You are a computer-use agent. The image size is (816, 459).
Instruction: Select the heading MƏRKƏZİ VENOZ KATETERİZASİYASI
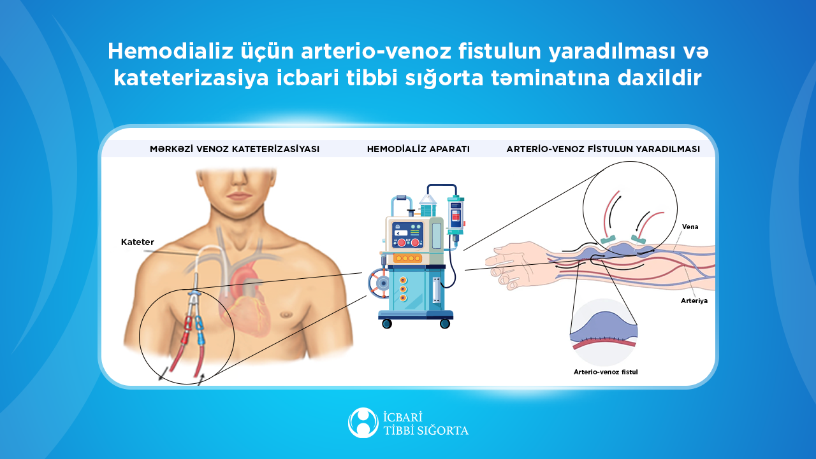[235, 149]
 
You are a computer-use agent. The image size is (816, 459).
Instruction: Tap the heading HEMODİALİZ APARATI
[418, 149]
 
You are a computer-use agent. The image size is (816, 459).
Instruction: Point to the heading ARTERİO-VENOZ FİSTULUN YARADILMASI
[603, 149]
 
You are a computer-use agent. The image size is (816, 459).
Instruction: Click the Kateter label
[138, 242]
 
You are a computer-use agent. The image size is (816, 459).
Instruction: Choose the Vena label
[689, 227]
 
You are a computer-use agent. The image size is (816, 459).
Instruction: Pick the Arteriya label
[694, 300]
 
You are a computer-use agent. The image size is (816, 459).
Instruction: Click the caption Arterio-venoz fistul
[606, 371]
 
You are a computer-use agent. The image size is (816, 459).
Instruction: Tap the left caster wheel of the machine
[386, 323]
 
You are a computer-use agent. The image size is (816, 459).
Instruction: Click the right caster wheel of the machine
[445, 323]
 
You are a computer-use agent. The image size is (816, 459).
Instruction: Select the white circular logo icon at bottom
[363, 423]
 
